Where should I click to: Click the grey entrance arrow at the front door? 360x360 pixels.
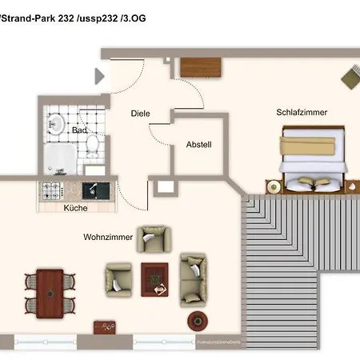click(100, 77)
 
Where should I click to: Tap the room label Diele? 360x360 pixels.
click(141, 114)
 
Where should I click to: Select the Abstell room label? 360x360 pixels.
click(198, 145)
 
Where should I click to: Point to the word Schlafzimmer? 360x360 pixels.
click(302, 113)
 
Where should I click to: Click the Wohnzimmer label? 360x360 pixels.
click(107, 238)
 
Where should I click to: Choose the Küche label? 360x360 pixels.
click(76, 208)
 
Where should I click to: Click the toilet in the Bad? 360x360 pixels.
click(92, 145)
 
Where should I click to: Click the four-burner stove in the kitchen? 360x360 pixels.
click(53, 191)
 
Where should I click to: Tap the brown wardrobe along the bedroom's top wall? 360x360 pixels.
click(199, 67)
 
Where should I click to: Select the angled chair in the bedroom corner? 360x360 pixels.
click(350, 78)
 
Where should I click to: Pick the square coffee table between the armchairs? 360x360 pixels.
click(155, 278)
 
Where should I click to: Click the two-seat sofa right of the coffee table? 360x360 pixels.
click(192, 278)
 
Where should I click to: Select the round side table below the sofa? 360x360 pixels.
click(197, 321)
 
